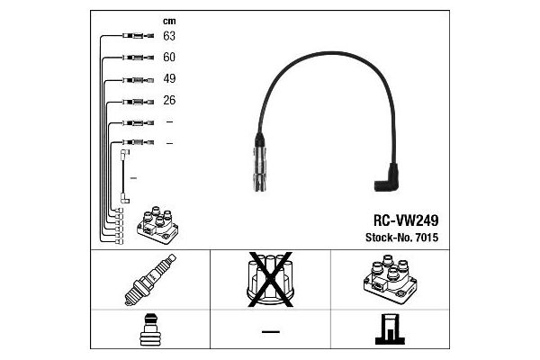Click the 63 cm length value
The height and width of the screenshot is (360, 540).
169,36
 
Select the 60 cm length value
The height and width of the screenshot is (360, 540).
169,57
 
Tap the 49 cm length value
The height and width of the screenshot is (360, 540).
169,78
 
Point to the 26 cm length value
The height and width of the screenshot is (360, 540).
169,100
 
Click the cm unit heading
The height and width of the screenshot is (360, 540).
169,22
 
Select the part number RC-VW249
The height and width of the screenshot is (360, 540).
406,220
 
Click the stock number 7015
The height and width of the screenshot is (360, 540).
427,238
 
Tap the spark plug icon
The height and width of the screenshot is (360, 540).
150,280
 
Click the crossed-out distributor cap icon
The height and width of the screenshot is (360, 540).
270,279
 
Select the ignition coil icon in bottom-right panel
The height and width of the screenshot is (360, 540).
390,279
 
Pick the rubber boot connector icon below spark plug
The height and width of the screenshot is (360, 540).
150,329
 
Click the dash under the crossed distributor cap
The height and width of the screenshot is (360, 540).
271,332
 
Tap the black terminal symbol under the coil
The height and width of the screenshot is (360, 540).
390,329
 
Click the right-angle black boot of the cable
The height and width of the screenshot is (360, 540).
387,178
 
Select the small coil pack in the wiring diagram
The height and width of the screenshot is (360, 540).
157,225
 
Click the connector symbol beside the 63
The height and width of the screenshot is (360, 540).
138,35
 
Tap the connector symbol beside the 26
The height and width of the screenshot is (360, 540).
138,102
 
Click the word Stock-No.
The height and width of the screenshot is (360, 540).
389,238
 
